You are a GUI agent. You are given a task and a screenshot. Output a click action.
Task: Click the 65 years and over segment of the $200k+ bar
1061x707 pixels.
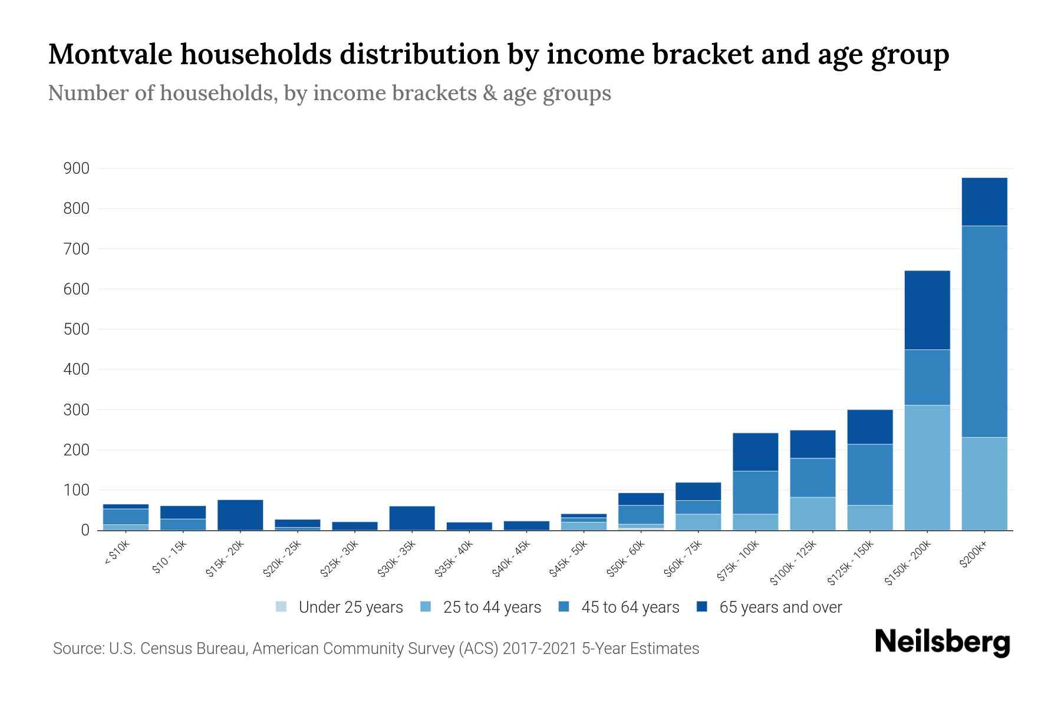click(x=984, y=201)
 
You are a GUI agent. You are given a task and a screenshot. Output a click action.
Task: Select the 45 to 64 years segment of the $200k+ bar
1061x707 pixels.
click(x=984, y=331)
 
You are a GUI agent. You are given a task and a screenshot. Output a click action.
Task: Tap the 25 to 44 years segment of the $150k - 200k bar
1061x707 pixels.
click(x=927, y=467)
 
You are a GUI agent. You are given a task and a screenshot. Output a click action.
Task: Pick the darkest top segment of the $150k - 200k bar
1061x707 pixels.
click(x=927, y=310)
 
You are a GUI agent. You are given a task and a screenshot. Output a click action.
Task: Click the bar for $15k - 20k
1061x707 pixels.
click(x=240, y=515)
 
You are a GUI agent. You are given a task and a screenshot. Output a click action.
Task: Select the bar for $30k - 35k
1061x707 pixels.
click(x=412, y=518)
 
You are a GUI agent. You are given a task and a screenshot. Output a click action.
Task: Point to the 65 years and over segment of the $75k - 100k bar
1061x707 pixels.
click(x=755, y=452)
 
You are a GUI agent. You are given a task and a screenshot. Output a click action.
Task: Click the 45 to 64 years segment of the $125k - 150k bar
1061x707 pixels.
click(x=869, y=474)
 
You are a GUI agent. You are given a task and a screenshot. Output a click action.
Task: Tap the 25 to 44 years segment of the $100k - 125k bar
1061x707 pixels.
click(x=812, y=513)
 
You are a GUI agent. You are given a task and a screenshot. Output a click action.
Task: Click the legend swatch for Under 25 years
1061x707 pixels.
click(x=281, y=607)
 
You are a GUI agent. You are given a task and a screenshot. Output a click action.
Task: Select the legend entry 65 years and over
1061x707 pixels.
click(x=780, y=607)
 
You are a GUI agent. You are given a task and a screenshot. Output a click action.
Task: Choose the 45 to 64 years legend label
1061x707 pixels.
click(x=630, y=607)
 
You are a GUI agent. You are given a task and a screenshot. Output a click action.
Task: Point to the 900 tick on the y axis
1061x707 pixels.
click(x=77, y=169)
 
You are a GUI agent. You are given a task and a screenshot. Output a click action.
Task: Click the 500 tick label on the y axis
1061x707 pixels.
click(x=77, y=329)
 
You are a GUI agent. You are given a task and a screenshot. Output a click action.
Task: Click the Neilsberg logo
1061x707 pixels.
click(x=942, y=642)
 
